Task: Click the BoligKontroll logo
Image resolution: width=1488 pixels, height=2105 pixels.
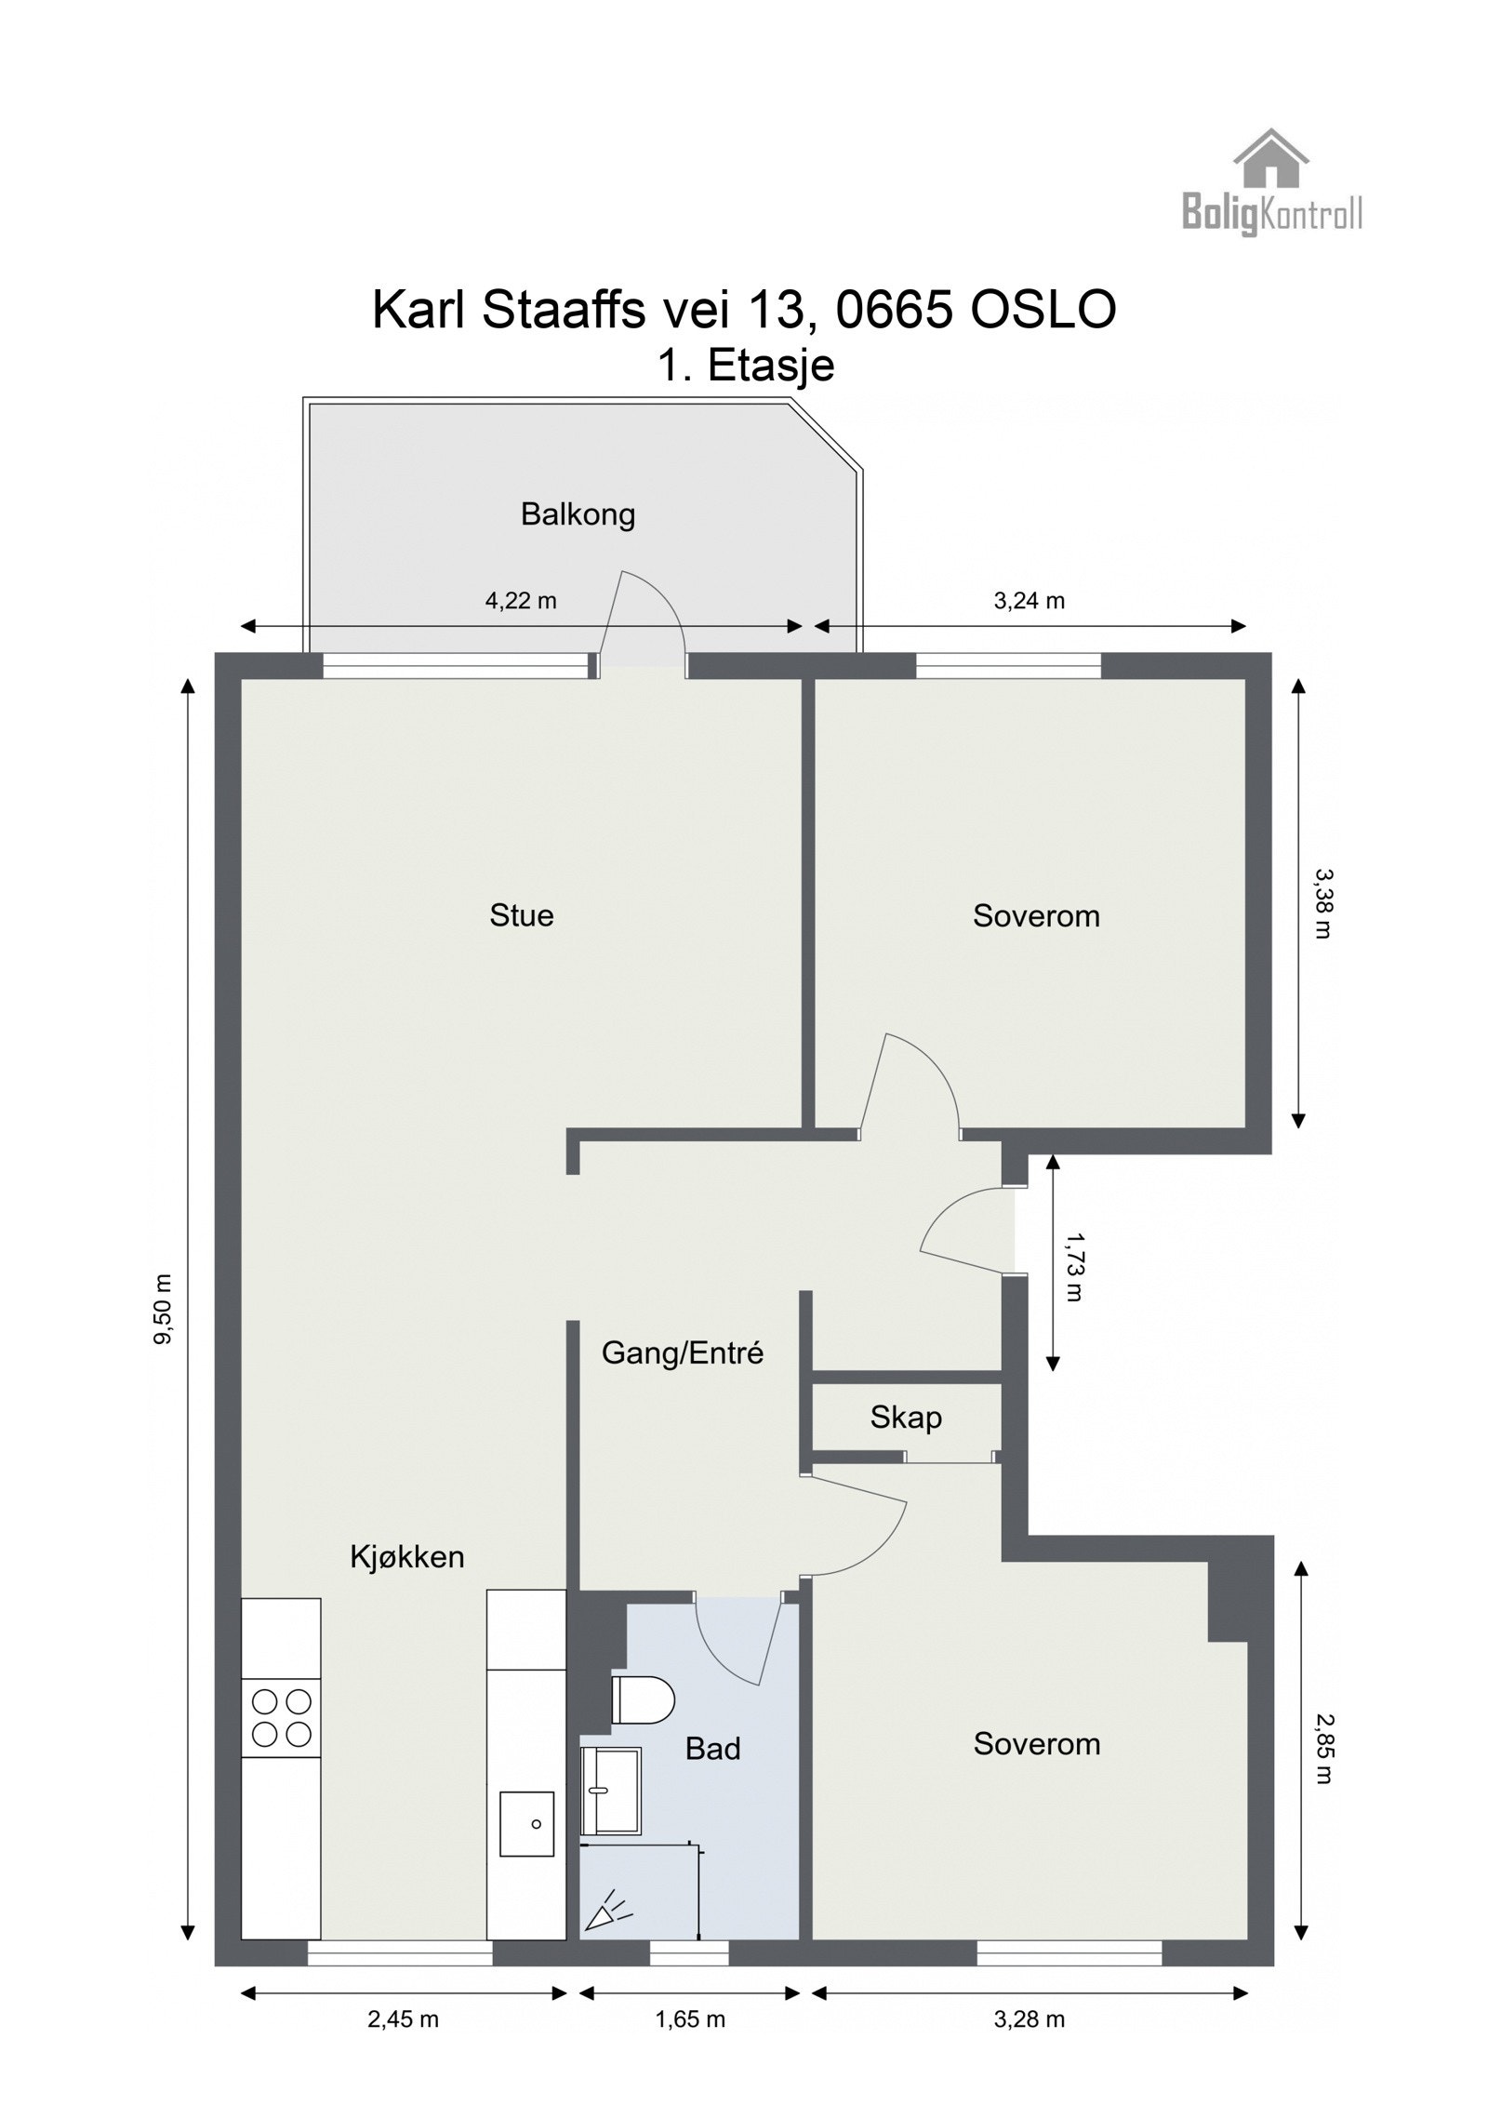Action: click(x=1270, y=183)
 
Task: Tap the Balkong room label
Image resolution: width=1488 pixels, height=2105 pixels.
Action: click(x=578, y=514)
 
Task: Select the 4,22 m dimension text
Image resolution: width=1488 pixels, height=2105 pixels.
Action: click(x=520, y=601)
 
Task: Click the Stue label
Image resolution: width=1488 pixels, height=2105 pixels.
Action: click(x=521, y=915)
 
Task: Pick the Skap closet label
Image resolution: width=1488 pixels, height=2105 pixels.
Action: click(x=905, y=1417)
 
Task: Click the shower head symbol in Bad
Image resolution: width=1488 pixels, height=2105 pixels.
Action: click(x=606, y=1909)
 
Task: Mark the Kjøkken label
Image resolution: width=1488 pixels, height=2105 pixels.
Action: click(x=406, y=1556)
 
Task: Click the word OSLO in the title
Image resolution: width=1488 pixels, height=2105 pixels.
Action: click(x=1043, y=310)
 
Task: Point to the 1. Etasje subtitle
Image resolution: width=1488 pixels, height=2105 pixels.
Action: click(x=745, y=366)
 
